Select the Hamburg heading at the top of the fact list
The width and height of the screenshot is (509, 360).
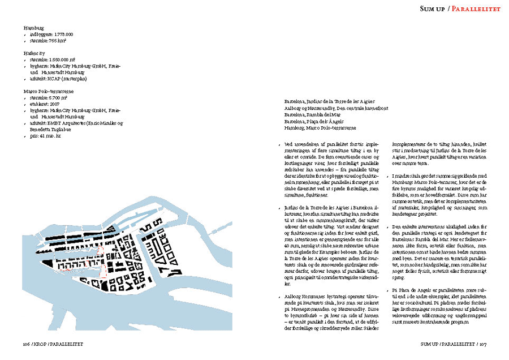pyautogui.click(x=33, y=28)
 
